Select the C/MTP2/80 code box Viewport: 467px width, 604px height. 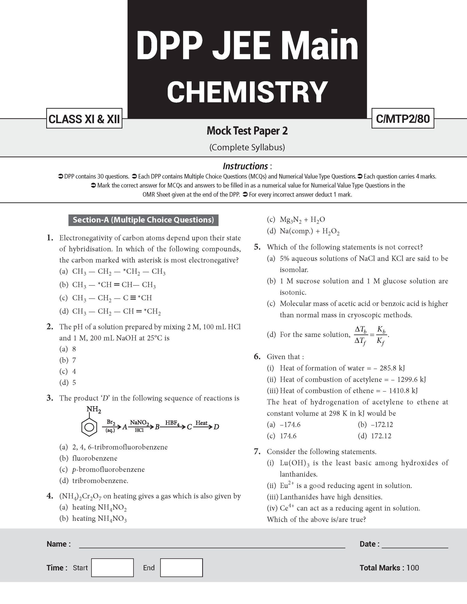pyautogui.click(x=403, y=119)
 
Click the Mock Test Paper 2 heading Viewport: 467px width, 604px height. pyautogui.click(x=247, y=131)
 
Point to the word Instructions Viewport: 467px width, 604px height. pyautogui.click(x=245, y=166)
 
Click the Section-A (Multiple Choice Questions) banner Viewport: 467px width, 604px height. pyautogui.click(x=143, y=220)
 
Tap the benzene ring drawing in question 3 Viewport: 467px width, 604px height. pyautogui.click(x=89, y=427)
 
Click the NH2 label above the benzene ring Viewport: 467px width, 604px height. pyautogui.click(x=94, y=409)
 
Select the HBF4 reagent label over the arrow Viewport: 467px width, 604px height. pyautogui.click(x=172, y=423)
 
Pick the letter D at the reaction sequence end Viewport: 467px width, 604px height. pyautogui.click(x=216, y=427)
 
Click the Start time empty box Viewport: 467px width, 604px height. pyautogui.click(x=112, y=568)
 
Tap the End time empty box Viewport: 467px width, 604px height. pyautogui.click(x=181, y=568)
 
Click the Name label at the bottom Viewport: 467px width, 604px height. pyautogui.click(x=58, y=544)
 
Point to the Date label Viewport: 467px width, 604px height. pyautogui.click(x=369, y=544)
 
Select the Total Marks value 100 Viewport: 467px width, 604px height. pyautogui.click(x=412, y=568)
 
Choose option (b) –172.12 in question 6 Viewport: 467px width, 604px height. pyautogui.click(x=375, y=424)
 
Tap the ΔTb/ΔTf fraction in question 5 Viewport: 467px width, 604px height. pyautogui.click(x=361, y=336)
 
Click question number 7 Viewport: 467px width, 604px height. pyautogui.click(x=257, y=452)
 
